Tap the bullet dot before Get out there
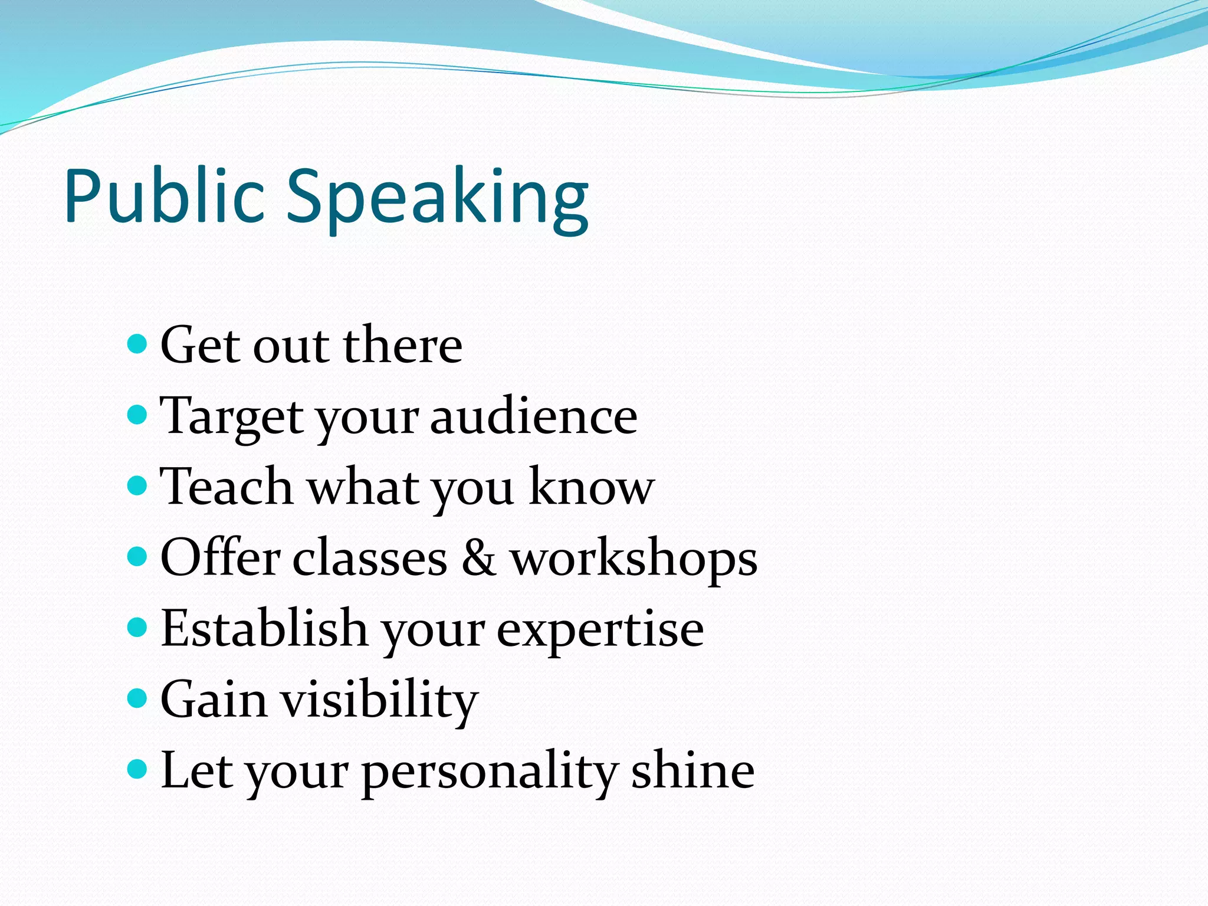[x=137, y=343]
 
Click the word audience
[x=533, y=416]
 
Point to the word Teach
[x=226, y=487]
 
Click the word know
[x=591, y=487]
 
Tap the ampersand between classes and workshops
[x=478, y=558]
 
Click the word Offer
[x=220, y=557]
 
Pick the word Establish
[x=264, y=629]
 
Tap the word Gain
[x=214, y=700]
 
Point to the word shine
[x=692, y=770]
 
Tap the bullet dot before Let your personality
[x=137, y=769]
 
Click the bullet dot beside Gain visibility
[x=137, y=698]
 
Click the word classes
[x=370, y=558]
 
